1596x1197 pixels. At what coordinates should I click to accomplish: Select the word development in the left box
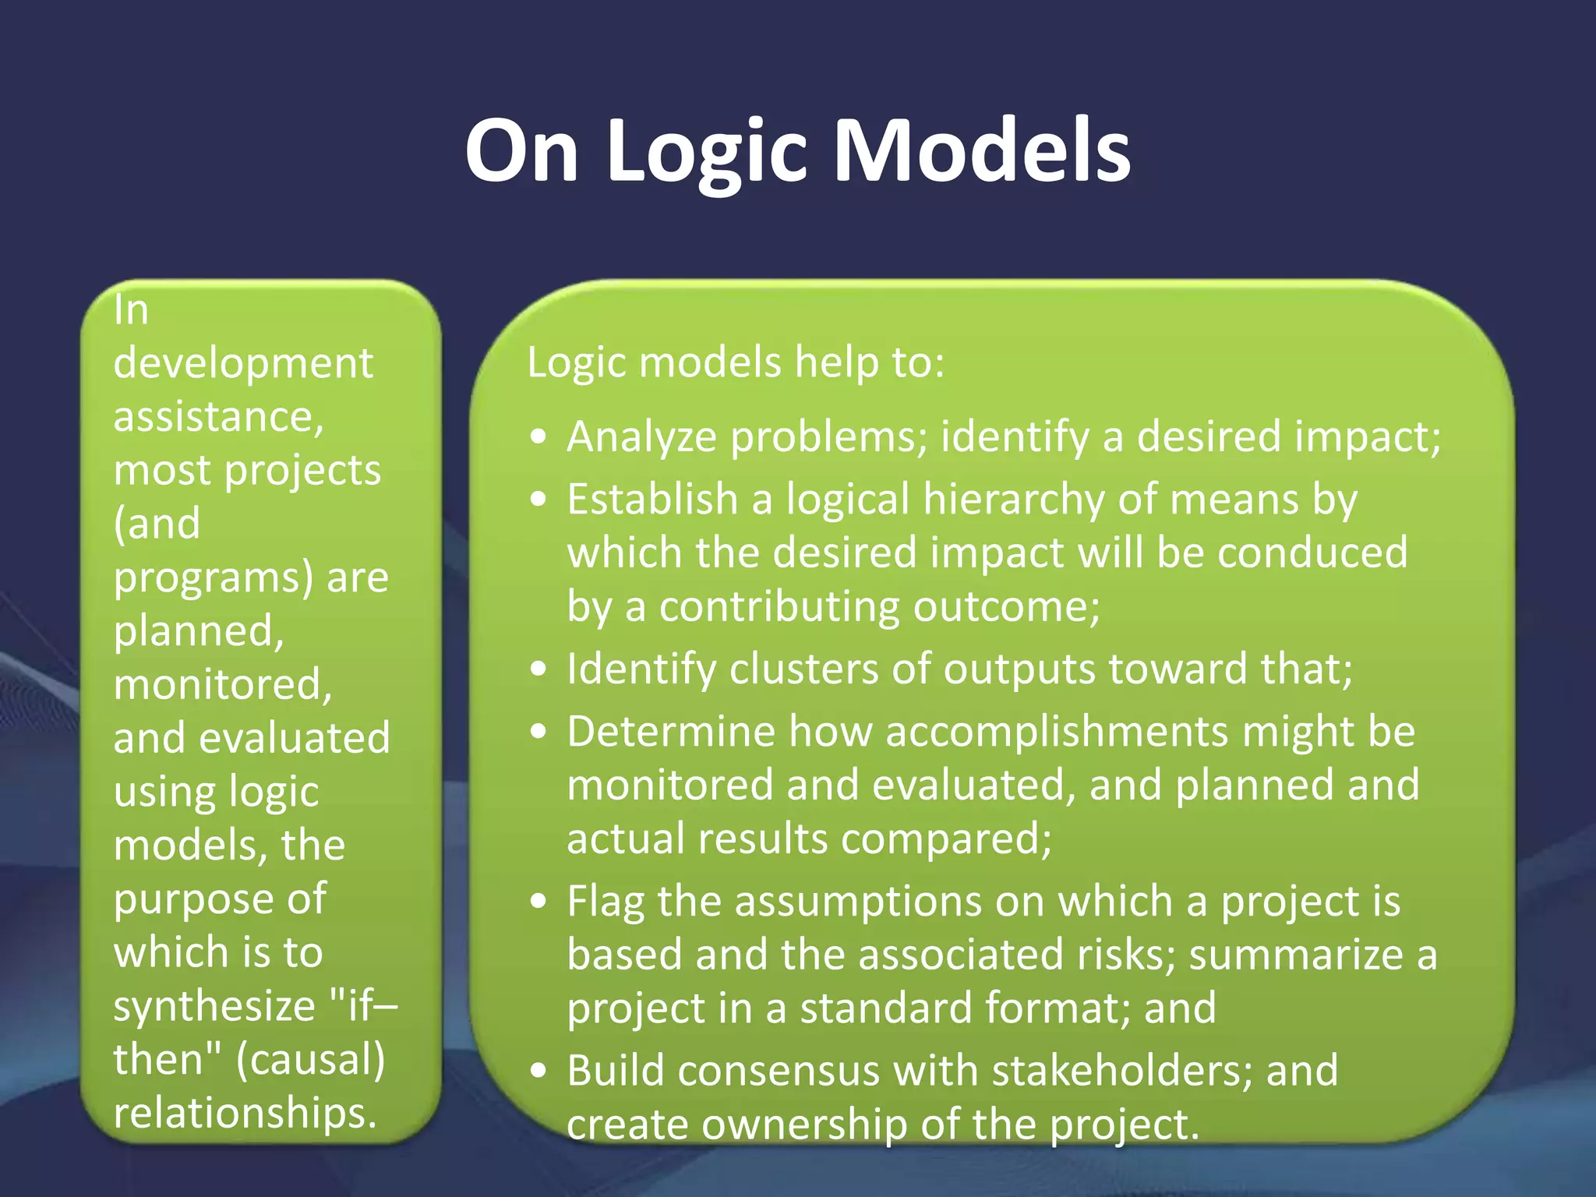[x=242, y=364]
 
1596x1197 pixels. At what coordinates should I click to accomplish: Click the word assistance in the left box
[x=217, y=417]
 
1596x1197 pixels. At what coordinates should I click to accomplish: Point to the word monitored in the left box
[x=222, y=684]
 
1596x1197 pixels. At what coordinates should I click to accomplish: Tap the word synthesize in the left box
[x=214, y=1006]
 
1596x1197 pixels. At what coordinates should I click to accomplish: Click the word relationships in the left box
[x=244, y=1112]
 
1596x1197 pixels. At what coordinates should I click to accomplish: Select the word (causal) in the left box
[x=310, y=1059]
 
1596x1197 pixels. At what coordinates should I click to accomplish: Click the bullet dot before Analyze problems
[x=538, y=437]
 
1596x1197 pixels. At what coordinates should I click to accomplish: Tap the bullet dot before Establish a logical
[x=538, y=500]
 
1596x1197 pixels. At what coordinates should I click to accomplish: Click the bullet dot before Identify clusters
[x=538, y=669]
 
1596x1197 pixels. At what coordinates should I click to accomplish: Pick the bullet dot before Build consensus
[x=538, y=1072]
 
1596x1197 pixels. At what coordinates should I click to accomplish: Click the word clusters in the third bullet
[x=803, y=669]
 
